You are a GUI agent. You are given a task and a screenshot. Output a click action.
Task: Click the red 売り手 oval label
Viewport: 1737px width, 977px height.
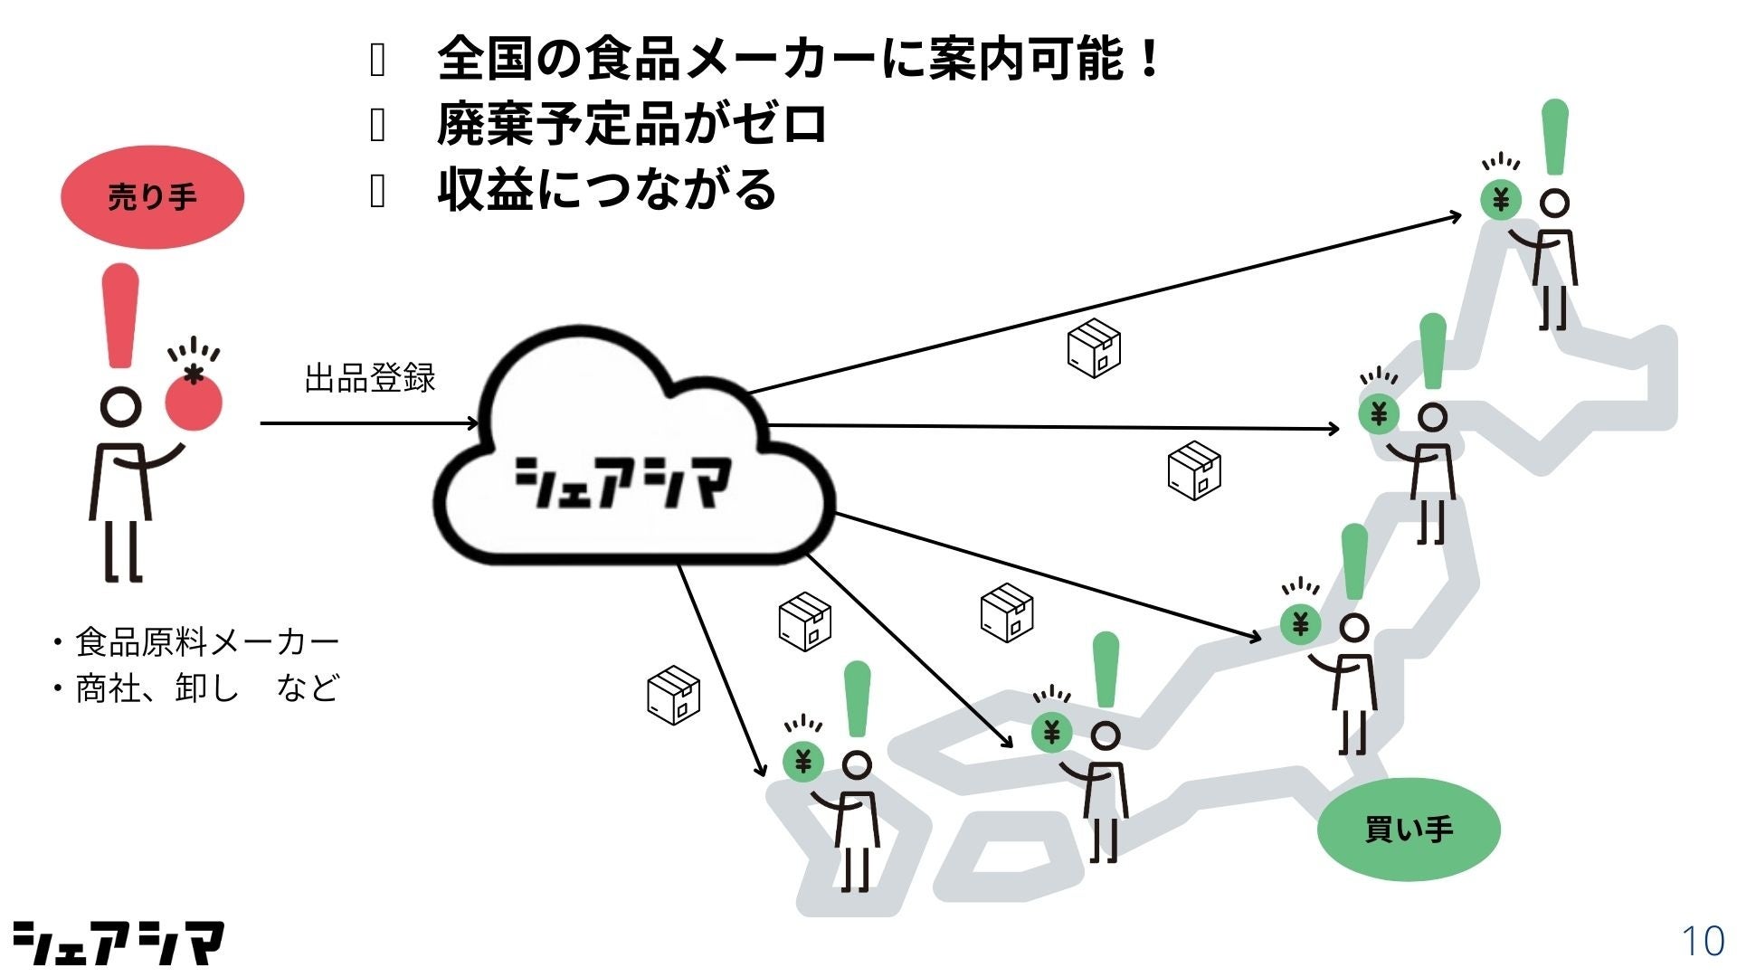[152, 197]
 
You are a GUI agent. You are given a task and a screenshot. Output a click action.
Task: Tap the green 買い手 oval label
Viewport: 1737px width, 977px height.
[1408, 829]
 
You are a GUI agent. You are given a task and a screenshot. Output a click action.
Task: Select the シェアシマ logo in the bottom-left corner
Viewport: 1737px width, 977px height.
[118, 944]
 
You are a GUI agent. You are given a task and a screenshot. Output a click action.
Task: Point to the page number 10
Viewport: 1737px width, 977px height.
[1702, 942]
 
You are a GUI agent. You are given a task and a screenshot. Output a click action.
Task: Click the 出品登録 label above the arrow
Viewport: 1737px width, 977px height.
[370, 378]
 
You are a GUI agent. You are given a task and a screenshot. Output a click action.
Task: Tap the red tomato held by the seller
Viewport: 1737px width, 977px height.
[194, 402]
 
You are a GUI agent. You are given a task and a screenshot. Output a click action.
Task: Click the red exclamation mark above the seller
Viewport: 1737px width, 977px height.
[120, 316]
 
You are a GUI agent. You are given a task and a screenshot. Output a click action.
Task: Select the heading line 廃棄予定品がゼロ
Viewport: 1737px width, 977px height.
[631, 125]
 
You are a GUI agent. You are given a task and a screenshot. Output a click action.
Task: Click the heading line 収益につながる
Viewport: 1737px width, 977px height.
[606, 190]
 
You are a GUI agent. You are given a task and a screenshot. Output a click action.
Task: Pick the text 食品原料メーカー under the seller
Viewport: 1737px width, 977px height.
[206, 642]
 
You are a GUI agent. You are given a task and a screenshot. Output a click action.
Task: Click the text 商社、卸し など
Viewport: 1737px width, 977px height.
[206, 688]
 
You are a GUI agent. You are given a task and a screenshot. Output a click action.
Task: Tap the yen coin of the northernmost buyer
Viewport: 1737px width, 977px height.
[1501, 199]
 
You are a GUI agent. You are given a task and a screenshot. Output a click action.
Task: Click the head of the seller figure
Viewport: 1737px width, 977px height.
[119, 407]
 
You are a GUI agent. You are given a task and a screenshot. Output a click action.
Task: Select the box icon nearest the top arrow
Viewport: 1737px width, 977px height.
[1094, 347]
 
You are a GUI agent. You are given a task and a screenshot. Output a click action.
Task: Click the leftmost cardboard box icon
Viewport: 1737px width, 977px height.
[674, 695]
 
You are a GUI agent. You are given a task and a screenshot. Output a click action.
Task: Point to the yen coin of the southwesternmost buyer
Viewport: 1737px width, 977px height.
[802, 762]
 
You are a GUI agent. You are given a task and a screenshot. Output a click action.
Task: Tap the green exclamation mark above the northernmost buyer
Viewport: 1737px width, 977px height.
[1554, 138]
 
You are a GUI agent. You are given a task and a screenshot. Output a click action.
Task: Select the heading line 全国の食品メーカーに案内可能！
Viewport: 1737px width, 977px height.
[798, 59]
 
